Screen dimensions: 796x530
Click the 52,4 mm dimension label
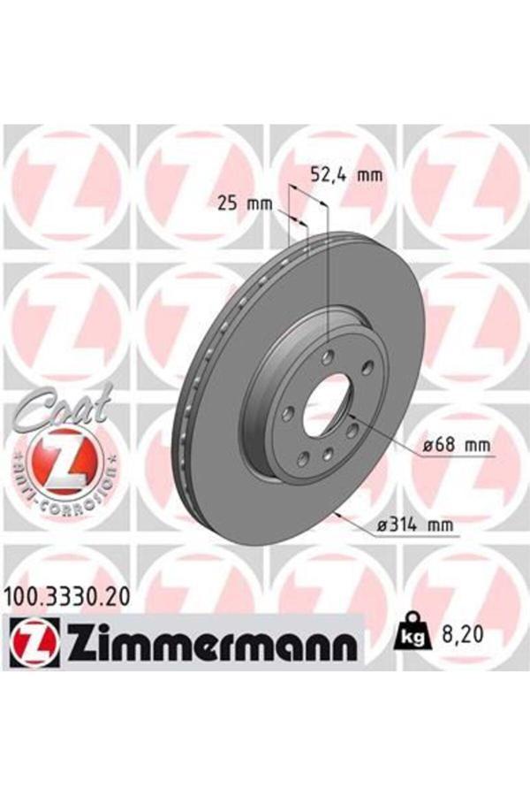[x=346, y=174]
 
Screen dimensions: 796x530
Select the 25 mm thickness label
[x=244, y=205]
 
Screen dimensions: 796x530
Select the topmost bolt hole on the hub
[x=328, y=356]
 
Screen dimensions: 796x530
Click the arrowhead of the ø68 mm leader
[x=350, y=413]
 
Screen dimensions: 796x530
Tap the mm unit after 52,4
[x=371, y=174]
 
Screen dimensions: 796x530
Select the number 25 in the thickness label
[x=228, y=205]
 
